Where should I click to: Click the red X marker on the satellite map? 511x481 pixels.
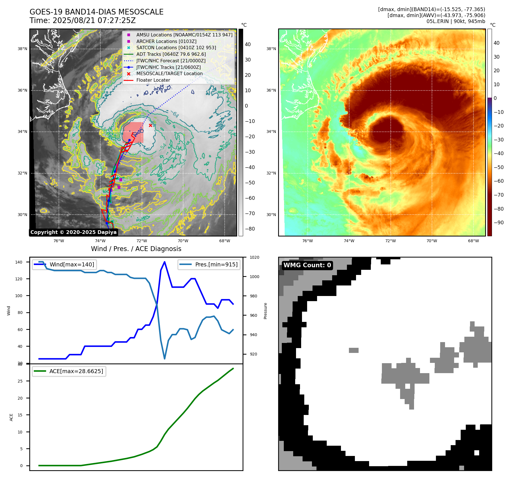point(150,125)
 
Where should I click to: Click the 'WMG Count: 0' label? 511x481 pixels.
point(307,265)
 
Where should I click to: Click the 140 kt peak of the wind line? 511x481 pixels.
point(165,262)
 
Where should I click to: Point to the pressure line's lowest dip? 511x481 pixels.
point(164,359)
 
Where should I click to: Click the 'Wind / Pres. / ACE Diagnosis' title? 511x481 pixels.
point(136,249)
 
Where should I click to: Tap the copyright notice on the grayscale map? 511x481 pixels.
point(73,232)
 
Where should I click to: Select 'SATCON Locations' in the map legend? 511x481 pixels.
point(176,48)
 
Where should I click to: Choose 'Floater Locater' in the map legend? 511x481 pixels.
point(153,80)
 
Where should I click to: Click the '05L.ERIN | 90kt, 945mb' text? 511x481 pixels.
point(456,21)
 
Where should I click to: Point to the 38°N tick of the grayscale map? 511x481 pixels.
point(22,49)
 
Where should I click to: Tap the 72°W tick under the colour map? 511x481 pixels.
point(390,241)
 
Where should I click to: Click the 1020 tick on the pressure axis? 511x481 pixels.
point(254,257)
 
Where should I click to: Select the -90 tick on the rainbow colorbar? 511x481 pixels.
point(498,223)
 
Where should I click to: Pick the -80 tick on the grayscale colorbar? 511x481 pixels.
point(250,229)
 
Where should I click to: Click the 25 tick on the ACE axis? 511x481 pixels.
point(20,381)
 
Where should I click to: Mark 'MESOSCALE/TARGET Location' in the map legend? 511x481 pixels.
point(169,73)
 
